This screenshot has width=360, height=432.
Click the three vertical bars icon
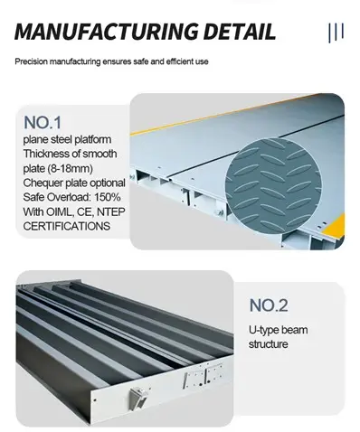336,33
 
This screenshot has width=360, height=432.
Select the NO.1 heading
43,123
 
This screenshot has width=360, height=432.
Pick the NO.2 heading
269,305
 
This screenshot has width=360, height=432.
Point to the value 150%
108,197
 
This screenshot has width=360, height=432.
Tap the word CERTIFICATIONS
66,226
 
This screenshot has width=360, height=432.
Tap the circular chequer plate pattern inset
273,186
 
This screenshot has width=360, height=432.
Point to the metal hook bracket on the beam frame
137,398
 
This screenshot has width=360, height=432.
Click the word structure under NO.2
268,344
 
